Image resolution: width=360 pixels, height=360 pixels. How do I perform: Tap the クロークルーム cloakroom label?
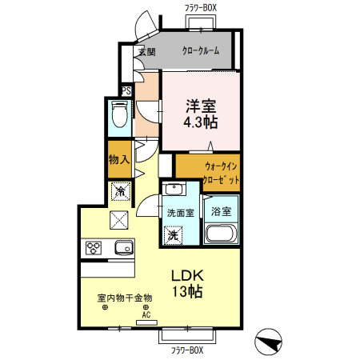[202, 51]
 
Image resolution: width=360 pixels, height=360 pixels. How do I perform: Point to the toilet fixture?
[119, 117]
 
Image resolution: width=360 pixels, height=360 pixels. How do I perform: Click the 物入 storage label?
[119, 160]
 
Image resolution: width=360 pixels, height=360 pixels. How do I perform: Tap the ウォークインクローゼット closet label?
[222, 173]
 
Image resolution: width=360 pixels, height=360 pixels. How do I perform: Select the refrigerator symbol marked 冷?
[120, 191]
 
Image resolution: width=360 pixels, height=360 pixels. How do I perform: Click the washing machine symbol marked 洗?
[173, 236]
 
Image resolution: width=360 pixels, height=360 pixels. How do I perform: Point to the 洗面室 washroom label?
[181, 214]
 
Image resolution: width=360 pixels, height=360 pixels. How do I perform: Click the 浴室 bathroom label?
[221, 212]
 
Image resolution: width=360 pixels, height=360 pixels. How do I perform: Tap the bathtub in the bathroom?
[221, 234]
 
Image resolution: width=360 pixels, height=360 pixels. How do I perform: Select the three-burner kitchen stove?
[93, 248]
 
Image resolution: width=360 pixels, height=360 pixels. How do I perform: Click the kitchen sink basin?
[123, 247]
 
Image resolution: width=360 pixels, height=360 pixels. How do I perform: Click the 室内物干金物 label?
[125, 298]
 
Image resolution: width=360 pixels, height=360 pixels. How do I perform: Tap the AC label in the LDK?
[146, 314]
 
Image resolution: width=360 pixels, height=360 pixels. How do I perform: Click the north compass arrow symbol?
[270, 342]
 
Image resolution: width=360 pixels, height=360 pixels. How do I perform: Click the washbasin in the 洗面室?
[173, 190]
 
